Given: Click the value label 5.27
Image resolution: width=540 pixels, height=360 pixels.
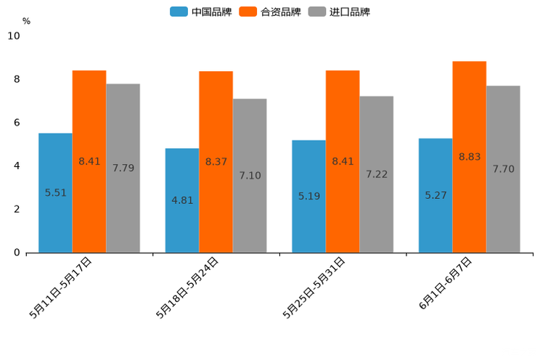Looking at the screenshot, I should (436, 195).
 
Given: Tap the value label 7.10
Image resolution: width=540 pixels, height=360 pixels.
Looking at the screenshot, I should (250, 176).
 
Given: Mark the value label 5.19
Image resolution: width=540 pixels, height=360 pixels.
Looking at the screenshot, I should (309, 196).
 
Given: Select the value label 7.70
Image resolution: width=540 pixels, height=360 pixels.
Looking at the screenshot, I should (503, 169).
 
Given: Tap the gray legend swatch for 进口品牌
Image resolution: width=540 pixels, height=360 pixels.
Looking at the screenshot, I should (316, 12).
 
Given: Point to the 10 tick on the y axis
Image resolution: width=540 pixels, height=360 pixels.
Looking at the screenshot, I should (14, 36).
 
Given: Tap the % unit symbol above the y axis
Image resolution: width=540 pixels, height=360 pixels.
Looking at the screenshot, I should (26, 21).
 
